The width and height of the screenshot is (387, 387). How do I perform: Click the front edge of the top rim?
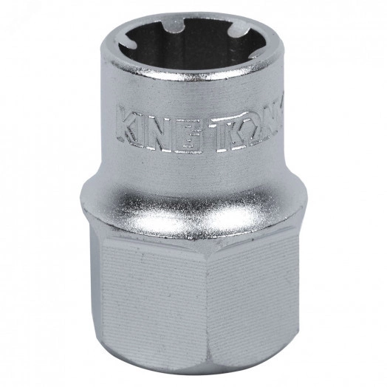click(x=188, y=73)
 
